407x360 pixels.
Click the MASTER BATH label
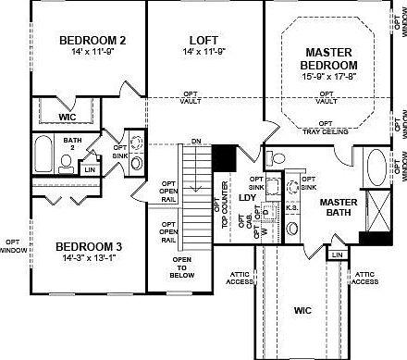coord(339,207)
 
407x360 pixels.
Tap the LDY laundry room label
coord(247,197)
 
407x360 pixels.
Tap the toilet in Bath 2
coord(67,162)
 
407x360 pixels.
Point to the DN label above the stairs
coord(196,142)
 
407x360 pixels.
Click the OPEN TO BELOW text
coord(181,267)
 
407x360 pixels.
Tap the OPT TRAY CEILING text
coord(325,127)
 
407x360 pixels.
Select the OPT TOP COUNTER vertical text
coord(225,197)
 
